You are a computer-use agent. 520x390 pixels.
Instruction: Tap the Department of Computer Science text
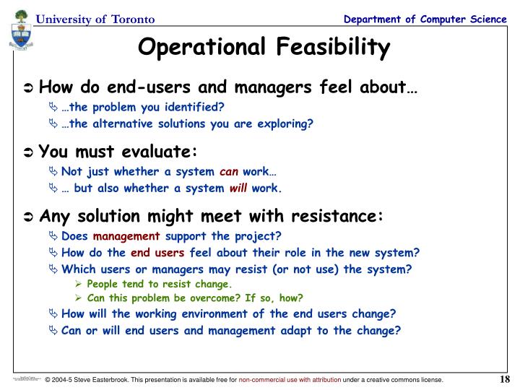425,18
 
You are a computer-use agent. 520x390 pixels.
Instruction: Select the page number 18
504,380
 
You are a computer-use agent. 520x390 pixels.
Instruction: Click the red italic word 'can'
228,172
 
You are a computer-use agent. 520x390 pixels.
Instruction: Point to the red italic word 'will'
238,188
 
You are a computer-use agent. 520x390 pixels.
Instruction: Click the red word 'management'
126,236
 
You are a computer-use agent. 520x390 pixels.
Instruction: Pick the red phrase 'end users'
157,253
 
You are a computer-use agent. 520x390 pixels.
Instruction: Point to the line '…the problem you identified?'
143,107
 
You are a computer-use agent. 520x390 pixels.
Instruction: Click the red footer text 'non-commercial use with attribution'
299,380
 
